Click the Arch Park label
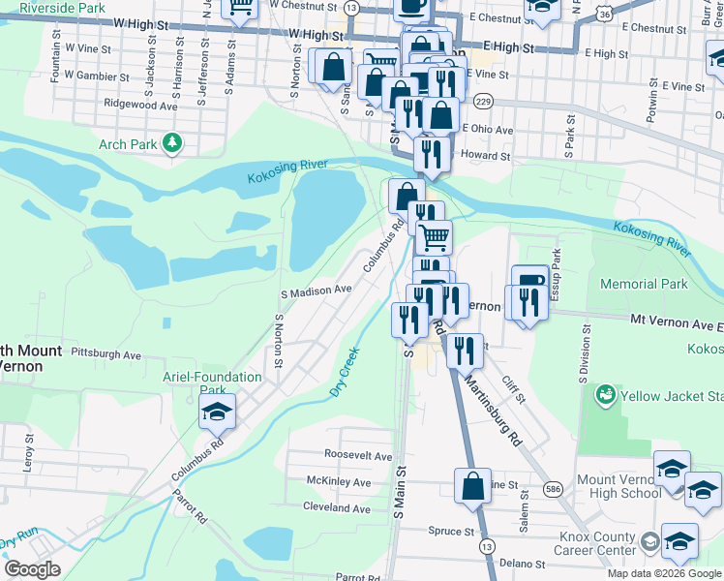click(128, 145)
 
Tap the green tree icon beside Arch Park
click(172, 144)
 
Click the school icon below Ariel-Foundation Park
click(218, 413)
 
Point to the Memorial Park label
click(644, 284)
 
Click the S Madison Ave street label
click(316, 290)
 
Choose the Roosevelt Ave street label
click(358, 455)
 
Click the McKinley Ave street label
click(338, 481)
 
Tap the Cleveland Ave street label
click(337, 507)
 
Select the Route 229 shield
click(484, 102)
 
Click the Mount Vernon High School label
click(619, 486)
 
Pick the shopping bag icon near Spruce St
click(472, 488)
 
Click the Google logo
click(31, 569)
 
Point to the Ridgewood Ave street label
click(142, 106)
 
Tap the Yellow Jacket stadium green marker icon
click(606, 395)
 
